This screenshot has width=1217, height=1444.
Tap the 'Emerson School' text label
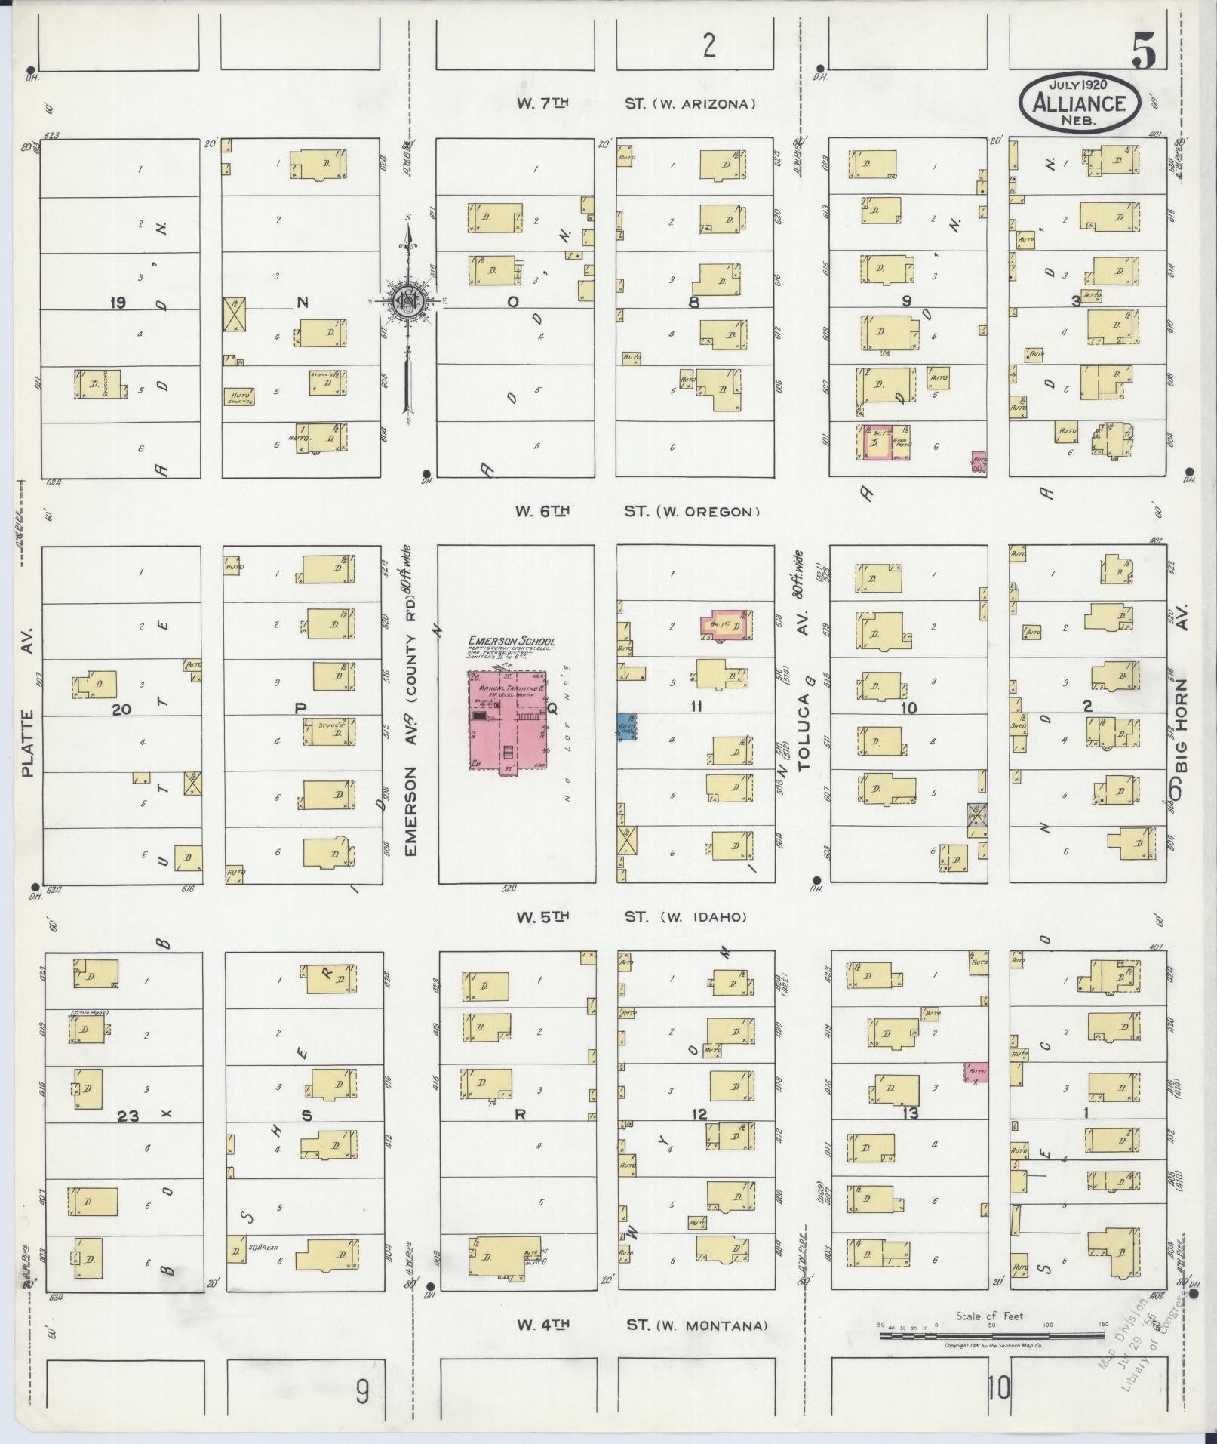pyautogui.click(x=512, y=641)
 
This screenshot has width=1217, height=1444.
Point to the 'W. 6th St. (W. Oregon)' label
pyautogui.click(x=636, y=512)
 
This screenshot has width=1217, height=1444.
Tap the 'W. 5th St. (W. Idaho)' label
pyautogui.click(x=631, y=917)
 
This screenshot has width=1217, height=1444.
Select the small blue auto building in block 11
pyautogui.click(x=626, y=726)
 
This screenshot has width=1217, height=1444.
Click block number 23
pyautogui.click(x=128, y=1115)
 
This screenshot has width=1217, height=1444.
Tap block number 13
pyautogui.click(x=910, y=1113)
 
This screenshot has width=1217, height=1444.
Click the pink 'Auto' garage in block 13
pyautogui.click(x=976, y=1072)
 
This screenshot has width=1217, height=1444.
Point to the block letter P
pyautogui.click(x=300, y=708)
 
